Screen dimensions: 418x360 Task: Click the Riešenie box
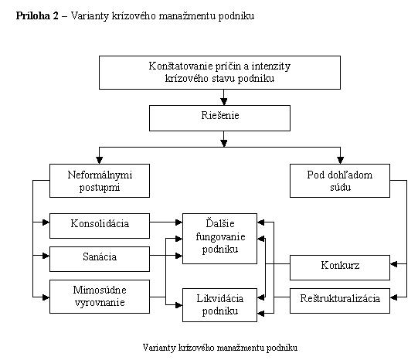tap(219, 118)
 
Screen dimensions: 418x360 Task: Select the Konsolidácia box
tap(100, 226)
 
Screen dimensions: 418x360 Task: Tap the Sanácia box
tap(100, 259)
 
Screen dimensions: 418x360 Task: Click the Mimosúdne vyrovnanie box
tap(100, 297)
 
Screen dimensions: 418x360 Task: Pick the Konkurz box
tap(340, 267)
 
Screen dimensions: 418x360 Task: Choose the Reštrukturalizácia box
tap(340, 301)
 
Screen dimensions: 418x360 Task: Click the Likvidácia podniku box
tap(219, 305)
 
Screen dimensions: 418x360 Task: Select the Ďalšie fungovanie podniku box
tap(219, 239)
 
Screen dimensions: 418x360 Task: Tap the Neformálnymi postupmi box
tap(100, 181)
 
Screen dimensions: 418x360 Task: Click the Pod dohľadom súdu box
tap(340, 181)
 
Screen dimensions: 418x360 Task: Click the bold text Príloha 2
tap(37, 15)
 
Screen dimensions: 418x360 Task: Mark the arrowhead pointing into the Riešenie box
tap(224, 101)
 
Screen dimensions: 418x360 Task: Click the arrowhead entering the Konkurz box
tap(393, 264)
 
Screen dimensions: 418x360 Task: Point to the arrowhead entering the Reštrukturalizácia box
tap(393, 297)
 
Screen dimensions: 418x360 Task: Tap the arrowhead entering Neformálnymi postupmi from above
tap(100, 160)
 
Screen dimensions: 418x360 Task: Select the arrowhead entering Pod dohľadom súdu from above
tap(340, 160)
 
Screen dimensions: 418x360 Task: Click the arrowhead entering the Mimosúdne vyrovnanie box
tap(46, 297)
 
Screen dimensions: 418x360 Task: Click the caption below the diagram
tap(220, 348)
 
